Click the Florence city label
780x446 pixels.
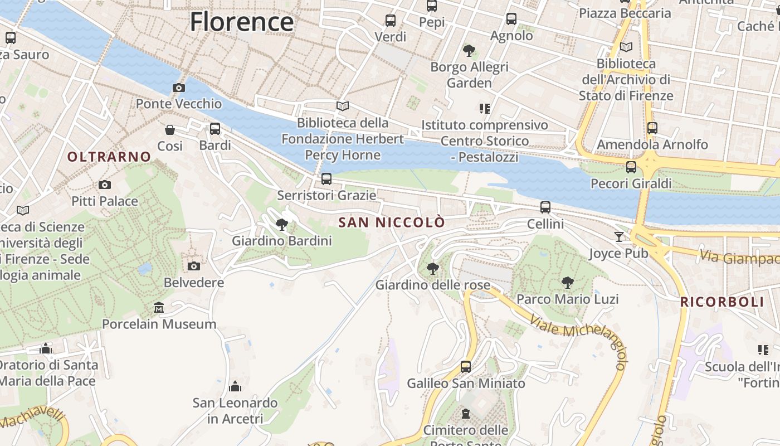pos(241,22)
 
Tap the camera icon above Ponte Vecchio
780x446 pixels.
pos(179,88)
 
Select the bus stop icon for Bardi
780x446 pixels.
pos(215,129)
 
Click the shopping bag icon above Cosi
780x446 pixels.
pos(170,130)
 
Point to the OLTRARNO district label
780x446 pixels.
pos(109,157)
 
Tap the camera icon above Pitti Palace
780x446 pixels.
pos(104,185)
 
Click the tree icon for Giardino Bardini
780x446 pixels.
pos(282,225)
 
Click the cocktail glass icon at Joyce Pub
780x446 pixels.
pos(619,237)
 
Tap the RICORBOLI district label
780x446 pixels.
pos(722,302)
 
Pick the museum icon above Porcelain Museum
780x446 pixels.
pos(159,308)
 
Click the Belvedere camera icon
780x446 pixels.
pos(193,266)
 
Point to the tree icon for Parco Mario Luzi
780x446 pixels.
pos(567,283)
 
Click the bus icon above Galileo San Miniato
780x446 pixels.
pos(466,367)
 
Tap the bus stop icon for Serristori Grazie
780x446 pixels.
pos(326,179)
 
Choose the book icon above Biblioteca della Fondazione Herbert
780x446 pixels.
pos(343,106)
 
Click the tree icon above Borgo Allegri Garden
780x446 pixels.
pos(469,51)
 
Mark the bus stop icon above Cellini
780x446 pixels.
pos(545,207)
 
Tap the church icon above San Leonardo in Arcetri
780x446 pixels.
pos(235,386)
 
